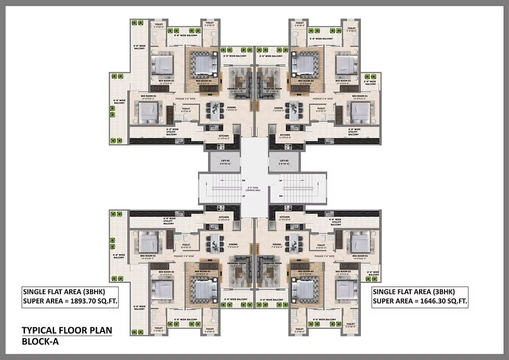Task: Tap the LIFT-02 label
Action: [284, 161]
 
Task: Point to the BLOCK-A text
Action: [39, 341]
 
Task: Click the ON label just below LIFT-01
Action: [243, 180]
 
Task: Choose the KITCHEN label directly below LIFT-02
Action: [284, 217]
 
